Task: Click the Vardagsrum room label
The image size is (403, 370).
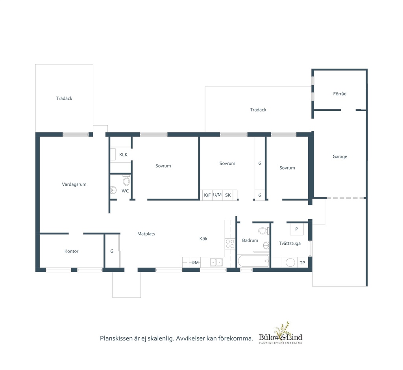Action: click(74, 184)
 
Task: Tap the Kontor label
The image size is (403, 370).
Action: click(72, 251)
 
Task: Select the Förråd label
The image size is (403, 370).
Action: click(340, 94)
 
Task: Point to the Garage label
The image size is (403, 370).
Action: click(340, 156)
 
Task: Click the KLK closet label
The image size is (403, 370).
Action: click(123, 154)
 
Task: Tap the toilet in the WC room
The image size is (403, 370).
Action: click(126, 180)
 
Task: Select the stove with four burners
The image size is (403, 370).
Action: click(230, 244)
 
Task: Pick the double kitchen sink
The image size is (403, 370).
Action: click(216, 262)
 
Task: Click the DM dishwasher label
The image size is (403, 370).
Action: click(195, 262)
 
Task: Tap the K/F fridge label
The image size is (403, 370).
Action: click(207, 195)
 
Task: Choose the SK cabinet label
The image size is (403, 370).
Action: click(228, 195)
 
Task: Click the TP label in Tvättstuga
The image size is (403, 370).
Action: click(302, 263)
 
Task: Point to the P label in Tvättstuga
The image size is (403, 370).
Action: click(297, 229)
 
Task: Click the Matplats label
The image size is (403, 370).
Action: click(146, 234)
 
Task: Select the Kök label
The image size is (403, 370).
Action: click(203, 239)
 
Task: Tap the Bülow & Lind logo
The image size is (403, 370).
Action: click(280, 333)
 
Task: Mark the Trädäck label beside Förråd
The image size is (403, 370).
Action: click(258, 110)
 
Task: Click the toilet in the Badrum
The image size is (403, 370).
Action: click(263, 231)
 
